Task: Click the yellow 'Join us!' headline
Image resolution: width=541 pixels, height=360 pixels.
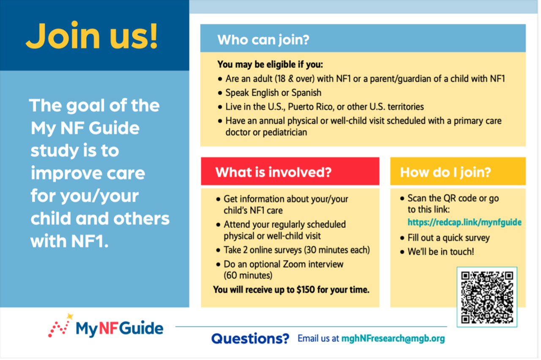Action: pos(92,36)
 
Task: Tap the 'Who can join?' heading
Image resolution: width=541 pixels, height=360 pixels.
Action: pos(263,40)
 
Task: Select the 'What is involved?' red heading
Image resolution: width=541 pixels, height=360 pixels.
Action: pos(273,172)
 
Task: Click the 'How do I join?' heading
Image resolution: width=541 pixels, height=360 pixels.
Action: pos(445,172)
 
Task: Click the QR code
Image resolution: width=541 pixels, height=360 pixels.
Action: pos(487,297)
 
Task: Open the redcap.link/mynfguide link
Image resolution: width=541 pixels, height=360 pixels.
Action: pos(464,222)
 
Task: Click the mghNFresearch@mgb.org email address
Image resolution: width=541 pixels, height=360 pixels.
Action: pos(393,338)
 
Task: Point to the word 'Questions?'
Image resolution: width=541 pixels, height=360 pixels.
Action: pos(250,338)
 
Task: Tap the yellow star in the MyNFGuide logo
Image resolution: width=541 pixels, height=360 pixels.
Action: pos(70,316)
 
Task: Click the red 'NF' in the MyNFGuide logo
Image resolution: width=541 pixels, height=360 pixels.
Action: pos(108,328)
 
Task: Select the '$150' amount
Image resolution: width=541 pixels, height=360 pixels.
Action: pos(306,289)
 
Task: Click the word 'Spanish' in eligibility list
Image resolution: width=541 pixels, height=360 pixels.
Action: pos(306,93)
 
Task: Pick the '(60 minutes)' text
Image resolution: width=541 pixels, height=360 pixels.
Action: pos(248,275)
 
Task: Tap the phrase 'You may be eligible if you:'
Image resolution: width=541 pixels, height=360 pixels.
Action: pos(270,65)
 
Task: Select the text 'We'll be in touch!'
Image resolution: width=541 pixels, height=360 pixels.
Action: pos(441,251)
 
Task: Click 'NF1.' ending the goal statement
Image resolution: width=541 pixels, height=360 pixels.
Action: pos(90,241)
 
